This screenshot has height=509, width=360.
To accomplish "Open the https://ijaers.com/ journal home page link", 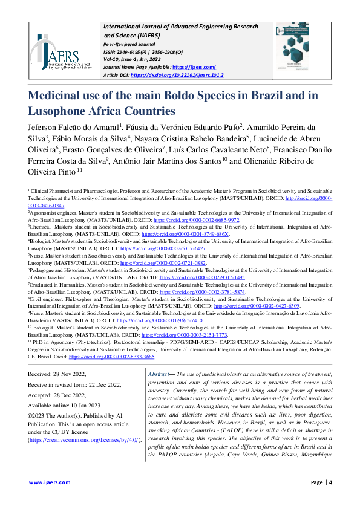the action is (x=194, y=67).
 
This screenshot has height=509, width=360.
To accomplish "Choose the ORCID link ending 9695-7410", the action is (x=160, y=320).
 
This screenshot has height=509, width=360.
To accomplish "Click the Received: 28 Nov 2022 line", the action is (x=57, y=375).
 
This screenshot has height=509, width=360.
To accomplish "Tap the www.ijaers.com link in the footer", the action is (x=44, y=482).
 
